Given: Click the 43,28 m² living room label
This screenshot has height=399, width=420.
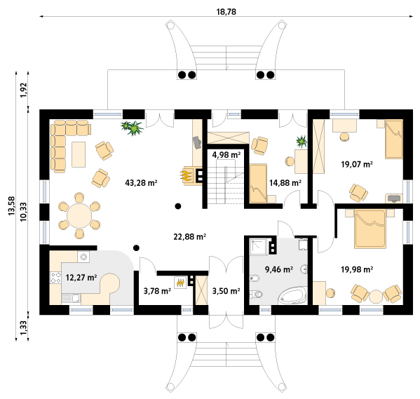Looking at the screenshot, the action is click(x=141, y=183).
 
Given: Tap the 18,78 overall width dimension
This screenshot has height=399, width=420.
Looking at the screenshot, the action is click(x=226, y=12).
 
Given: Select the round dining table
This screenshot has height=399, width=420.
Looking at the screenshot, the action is click(x=79, y=216).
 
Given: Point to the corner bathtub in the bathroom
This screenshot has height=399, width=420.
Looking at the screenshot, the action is click(x=293, y=295).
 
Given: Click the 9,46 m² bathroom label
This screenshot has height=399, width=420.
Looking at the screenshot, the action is click(x=279, y=269).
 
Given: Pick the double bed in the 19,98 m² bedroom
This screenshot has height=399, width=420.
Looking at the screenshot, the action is click(x=370, y=229).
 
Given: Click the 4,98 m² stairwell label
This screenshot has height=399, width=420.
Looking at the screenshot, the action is click(x=226, y=154).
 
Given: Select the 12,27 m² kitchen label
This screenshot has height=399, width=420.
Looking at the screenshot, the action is click(x=81, y=278).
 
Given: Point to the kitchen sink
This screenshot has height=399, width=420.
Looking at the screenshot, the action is click(x=71, y=299).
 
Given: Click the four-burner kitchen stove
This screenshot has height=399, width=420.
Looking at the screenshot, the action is click(x=55, y=278).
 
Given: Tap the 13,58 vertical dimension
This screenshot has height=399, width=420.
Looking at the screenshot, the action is click(x=12, y=205).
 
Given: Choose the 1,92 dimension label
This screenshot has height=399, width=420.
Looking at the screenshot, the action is click(x=24, y=90).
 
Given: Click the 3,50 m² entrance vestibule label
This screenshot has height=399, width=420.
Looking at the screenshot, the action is click(x=226, y=291).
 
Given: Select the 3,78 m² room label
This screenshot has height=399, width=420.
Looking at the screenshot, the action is click(x=157, y=291).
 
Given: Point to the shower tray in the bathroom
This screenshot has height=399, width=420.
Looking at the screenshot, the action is click(x=258, y=246).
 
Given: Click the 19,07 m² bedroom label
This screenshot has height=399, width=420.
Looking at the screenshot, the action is click(x=357, y=164).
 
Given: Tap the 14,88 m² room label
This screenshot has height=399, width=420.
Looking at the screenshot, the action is click(x=285, y=183).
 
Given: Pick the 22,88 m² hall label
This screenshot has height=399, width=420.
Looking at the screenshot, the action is click(x=189, y=237).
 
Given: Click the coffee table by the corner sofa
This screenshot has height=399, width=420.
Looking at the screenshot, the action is click(x=79, y=154).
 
